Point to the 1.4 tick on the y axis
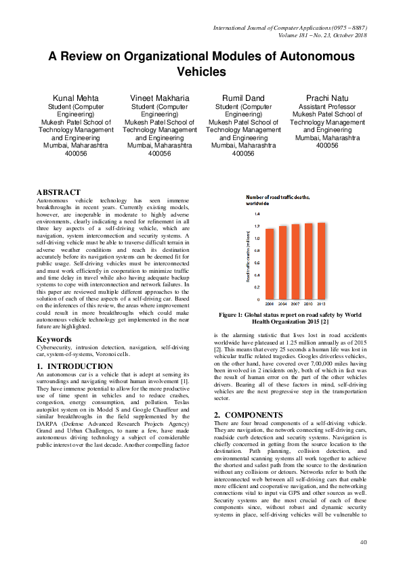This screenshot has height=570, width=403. [257, 213]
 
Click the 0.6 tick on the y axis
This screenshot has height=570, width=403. [257, 263]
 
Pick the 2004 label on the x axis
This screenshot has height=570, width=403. [282, 305]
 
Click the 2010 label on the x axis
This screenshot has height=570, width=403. [308, 305]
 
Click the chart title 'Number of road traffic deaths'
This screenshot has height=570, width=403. [278, 196]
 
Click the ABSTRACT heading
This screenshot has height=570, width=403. [58, 193]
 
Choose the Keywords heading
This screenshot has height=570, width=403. [55, 338]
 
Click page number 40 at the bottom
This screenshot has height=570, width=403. [363, 542]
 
